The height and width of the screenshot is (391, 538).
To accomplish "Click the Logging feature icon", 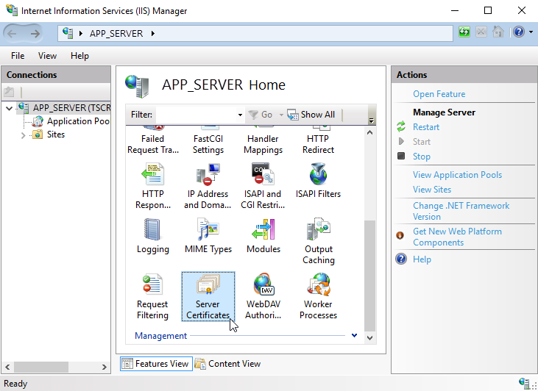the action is pos(152,229).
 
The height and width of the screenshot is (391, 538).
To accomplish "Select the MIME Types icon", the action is pos(208,229).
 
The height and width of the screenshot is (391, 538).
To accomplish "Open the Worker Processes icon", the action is pos(319,284).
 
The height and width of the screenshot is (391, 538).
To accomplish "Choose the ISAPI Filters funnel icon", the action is pos(318,173).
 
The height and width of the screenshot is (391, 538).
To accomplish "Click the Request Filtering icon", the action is pos(152,284).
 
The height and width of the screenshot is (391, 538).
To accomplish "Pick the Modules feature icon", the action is pos(263,229).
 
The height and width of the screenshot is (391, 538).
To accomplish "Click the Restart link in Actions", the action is pos(426,127).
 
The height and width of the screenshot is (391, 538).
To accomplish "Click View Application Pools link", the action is pos(457,175).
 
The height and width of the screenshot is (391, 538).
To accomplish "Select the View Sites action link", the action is pos(432,190).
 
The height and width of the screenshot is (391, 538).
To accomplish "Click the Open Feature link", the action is pos(439,94).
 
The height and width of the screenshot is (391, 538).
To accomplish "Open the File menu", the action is pos(18,56).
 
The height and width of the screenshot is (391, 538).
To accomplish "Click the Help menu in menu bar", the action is pos(79,56).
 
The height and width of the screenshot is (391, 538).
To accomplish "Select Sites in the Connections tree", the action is pos(56,134).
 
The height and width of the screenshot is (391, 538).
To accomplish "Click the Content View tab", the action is pos(228,364).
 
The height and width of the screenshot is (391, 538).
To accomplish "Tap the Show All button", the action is pos(311,115).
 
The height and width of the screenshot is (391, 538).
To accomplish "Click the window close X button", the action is pos(522,10).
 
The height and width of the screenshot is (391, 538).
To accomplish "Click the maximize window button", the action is pos(488,10).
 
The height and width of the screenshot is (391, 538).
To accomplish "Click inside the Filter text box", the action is pos(197,115).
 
